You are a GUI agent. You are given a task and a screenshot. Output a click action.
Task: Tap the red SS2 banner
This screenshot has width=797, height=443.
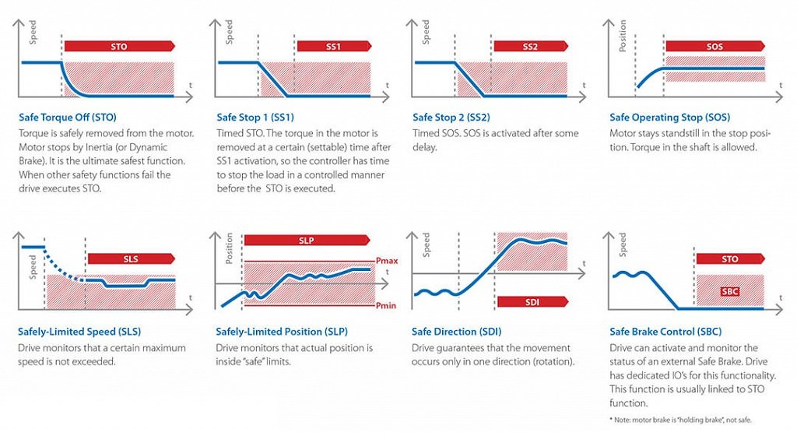click(x=530, y=47)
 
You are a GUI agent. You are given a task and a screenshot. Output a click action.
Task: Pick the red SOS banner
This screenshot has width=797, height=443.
click(x=715, y=47)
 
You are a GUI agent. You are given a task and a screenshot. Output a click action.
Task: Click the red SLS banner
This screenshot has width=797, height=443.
click(x=131, y=258)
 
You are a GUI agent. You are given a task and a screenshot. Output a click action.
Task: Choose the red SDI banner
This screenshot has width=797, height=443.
click(x=532, y=301)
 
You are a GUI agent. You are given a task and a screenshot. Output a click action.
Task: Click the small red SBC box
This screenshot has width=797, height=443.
click(x=729, y=290)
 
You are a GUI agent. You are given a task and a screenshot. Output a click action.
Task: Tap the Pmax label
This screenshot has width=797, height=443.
click(x=387, y=262)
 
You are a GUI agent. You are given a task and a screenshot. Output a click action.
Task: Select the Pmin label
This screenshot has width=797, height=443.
click(x=386, y=306)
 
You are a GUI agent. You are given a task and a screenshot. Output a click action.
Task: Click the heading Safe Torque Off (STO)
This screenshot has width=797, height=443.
click(x=68, y=118)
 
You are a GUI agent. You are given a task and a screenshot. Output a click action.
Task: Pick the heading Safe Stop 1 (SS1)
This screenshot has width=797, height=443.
click(x=255, y=118)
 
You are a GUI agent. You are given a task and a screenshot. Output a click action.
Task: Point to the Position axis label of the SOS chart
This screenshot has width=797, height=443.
click(x=622, y=36)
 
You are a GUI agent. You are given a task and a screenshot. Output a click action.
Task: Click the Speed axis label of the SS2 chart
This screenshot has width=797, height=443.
click(x=426, y=32)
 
